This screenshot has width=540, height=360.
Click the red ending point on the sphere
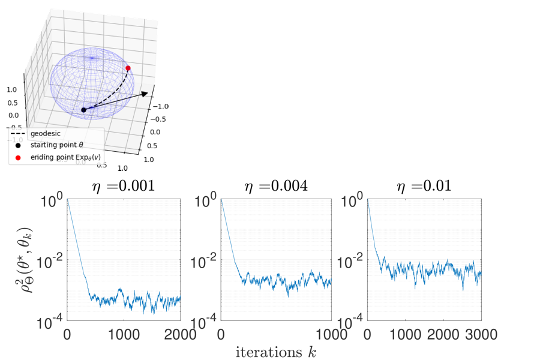coord(128,68)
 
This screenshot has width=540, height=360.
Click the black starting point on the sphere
coord(83,110)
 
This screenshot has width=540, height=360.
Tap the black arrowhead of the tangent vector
coord(146,92)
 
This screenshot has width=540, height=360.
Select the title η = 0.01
coord(425,186)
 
